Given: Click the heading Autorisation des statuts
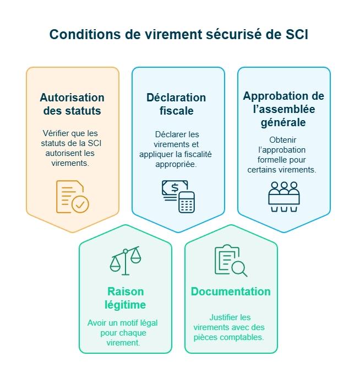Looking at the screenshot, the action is (72, 104).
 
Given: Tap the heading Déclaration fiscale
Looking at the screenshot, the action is (176, 104).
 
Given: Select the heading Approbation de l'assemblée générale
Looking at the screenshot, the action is (283, 109).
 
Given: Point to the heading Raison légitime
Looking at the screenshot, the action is (125, 298).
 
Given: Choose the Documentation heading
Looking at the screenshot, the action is (231, 292).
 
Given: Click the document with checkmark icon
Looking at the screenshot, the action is (72, 197).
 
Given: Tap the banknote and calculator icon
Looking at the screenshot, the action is (178, 197).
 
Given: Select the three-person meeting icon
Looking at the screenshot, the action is (283, 196).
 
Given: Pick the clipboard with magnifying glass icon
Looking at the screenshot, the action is (231, 261).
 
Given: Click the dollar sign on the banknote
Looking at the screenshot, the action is (174, 188).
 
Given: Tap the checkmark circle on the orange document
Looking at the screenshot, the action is (80, 204).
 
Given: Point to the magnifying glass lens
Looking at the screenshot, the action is (238, 268).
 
